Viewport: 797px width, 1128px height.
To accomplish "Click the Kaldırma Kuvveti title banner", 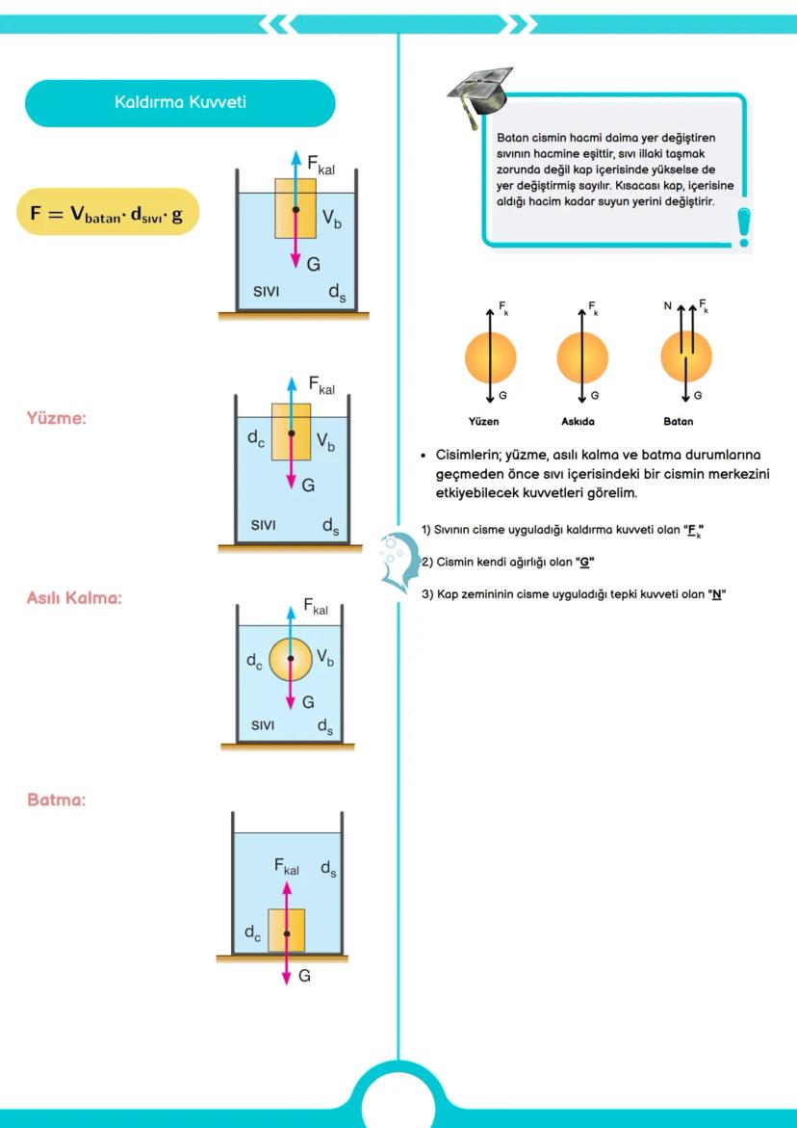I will [180, 102].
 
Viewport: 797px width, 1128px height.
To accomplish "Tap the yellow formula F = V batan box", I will [107, 213].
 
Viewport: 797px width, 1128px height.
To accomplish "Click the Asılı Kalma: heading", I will [74, 598].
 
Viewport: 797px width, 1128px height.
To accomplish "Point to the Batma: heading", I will [57, 800].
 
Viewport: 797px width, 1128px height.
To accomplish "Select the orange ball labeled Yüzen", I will [490, 356].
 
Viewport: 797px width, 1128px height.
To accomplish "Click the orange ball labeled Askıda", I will [582, 356].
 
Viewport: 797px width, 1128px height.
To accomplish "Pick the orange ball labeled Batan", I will [685, 356].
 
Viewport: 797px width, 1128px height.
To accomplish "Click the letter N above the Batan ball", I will [667, 306].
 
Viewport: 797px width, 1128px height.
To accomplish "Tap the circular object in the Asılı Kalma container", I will [291, 659].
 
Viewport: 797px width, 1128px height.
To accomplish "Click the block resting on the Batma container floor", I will [286, 931].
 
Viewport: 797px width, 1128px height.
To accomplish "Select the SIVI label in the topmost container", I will [266, 291].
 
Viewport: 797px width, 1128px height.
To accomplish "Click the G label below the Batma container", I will [304, 976].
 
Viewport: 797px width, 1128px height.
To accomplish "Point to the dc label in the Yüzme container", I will [255, 438].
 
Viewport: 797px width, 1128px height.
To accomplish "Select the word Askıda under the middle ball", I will [578, 421].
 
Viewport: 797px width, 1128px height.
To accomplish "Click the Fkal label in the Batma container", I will [287, 867].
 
